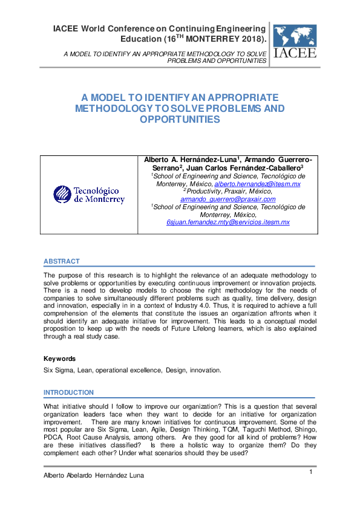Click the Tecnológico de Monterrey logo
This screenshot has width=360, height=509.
point(89,194)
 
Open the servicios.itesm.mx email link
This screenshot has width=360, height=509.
point(228,222)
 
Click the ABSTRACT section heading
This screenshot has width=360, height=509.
point(61,261)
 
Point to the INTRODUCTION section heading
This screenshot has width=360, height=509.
point(69,392)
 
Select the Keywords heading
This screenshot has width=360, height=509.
point(59,358)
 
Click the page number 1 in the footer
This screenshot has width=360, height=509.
point(311,472)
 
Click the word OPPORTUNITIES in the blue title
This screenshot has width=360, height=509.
point(180,120)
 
